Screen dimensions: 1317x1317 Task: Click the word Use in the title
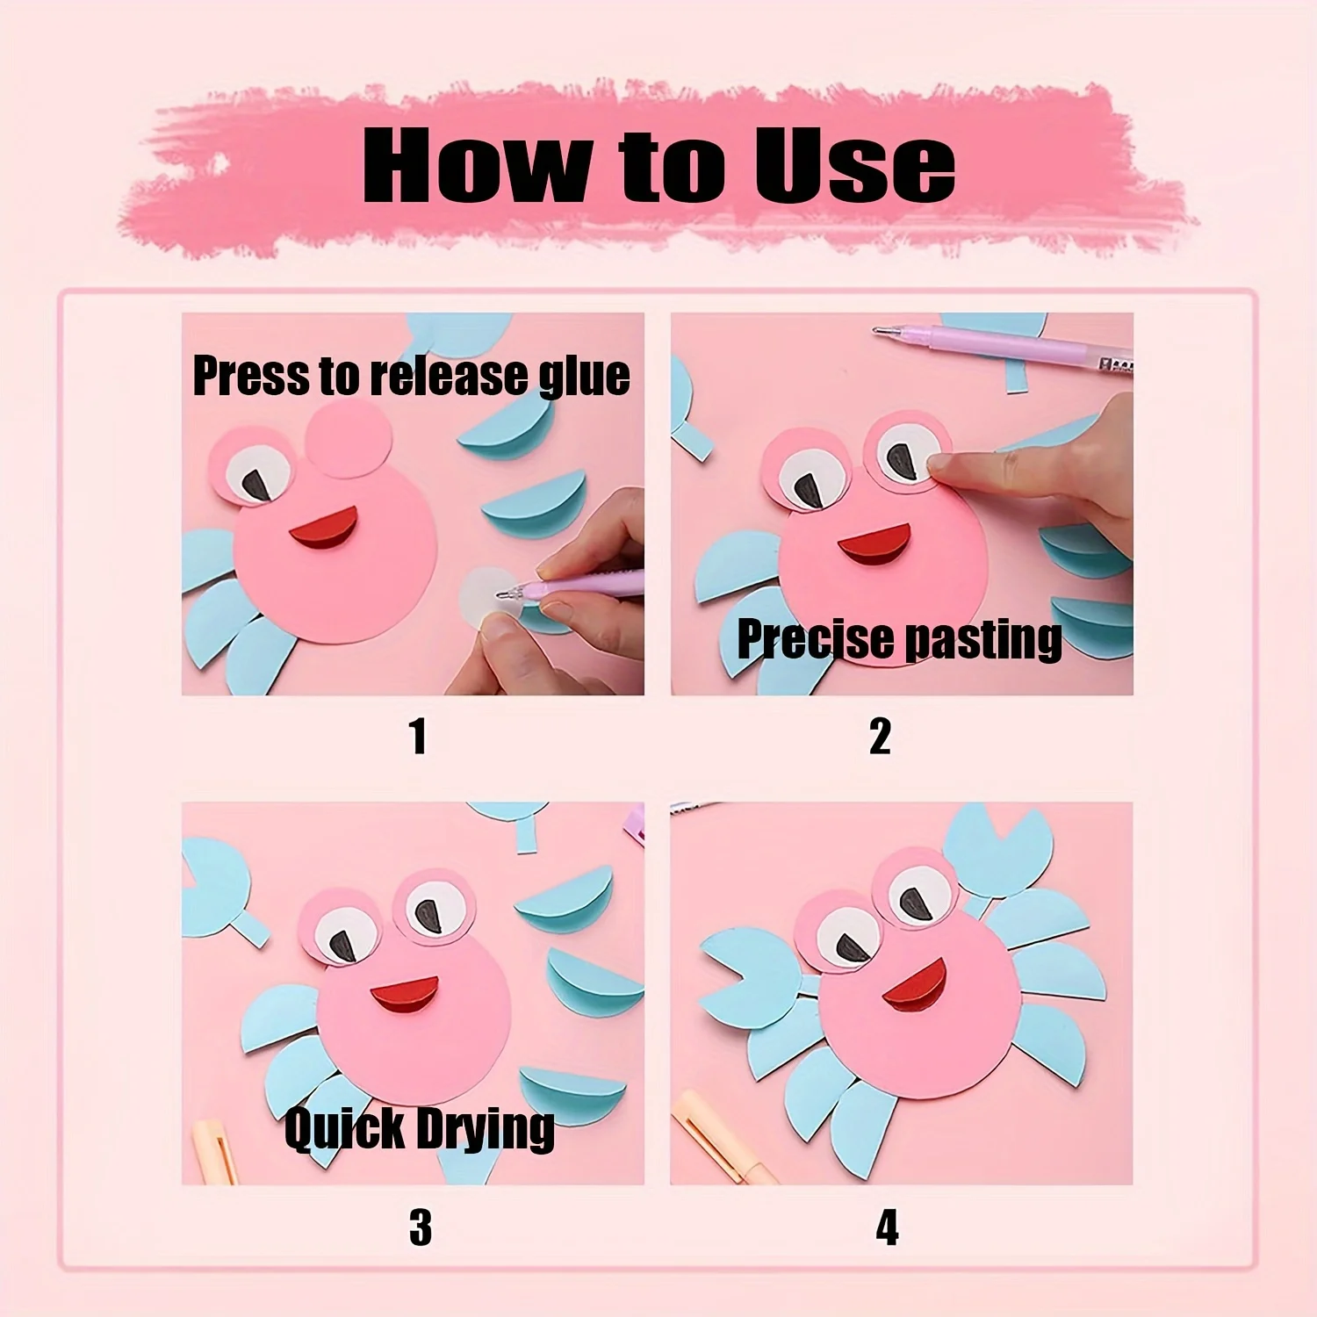pos(853,164)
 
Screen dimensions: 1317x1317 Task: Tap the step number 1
pos(418,736)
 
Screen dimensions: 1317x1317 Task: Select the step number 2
pos(880,736)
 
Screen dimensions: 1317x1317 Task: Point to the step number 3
pos(421,1227)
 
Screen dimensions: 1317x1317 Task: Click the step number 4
pos(887,1227)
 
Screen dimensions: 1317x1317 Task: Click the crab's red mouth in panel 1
pos(325,529)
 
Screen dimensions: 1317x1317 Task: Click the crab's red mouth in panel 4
pos(916,985)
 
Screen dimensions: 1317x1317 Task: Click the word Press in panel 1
pos(251,376)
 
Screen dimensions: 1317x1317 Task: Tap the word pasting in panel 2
pos(982,640)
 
